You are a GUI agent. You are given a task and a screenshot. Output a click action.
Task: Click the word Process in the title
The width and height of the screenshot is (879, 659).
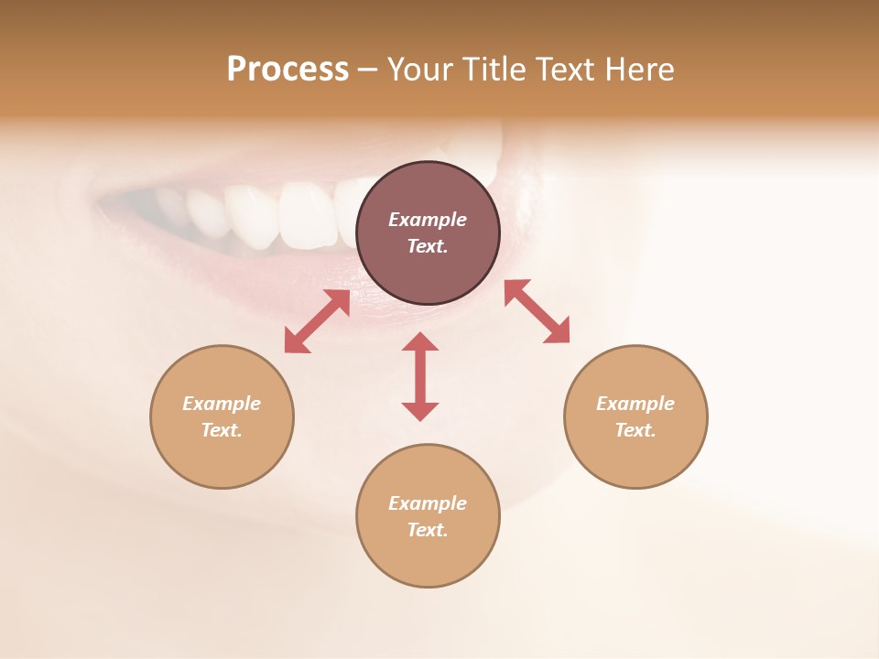click(x=288, y=70)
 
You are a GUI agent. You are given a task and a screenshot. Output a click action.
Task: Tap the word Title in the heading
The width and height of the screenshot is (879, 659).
click(x=495, y=70)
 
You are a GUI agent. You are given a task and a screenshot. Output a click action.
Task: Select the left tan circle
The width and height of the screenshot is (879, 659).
click(x=222, y=416)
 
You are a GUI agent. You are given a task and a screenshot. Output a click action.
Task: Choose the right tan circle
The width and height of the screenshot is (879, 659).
click(x=635, y=416)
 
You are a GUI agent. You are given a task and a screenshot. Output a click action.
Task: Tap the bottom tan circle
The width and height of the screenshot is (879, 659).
click(x=428, y=516)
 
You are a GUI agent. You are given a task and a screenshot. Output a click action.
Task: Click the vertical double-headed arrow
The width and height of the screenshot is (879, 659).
click(x=420, y=376)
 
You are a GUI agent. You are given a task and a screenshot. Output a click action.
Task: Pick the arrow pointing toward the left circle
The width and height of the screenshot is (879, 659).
click(x=317, y=321)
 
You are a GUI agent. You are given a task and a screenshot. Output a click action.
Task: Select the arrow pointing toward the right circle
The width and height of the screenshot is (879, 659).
click(x=537, y=312)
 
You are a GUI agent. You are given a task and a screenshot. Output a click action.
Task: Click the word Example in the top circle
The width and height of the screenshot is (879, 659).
click(x=428, y=220)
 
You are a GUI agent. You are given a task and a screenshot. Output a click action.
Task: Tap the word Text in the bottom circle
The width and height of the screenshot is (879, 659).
click(x=426, y=530)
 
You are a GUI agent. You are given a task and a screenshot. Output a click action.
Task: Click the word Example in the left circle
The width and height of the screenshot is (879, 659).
click(x=222, y=404)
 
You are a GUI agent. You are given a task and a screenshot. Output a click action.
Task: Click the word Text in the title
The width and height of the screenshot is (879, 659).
click(x=568, y=70)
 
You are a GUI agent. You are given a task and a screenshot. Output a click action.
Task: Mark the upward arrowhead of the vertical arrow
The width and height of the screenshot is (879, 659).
click(x=420, y=341)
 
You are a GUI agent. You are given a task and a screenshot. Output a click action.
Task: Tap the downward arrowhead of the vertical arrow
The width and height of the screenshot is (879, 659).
click(x=420, y=411)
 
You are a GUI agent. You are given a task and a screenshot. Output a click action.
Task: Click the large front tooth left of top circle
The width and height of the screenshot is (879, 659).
click(x=306, y=214)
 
